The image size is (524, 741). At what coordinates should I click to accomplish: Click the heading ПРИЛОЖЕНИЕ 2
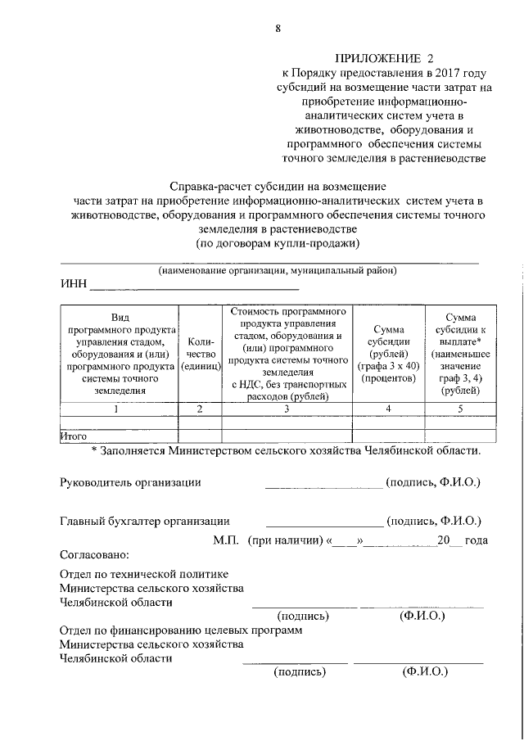tap(383, 59)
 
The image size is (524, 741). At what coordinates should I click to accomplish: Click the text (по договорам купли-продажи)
tap(278, 243)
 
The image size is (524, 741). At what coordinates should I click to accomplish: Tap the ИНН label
tap(73, 286)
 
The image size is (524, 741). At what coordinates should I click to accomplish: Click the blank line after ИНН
tap(194, 289)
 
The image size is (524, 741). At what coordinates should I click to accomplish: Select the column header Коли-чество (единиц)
tap(200, 355)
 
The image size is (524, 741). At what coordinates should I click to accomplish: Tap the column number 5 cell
tap(461, 409)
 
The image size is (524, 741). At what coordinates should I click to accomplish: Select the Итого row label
tap(75, 436)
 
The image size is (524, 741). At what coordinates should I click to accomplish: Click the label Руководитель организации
tap(131, 482)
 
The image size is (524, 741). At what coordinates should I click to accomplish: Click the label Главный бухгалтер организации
tap(145, 521)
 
